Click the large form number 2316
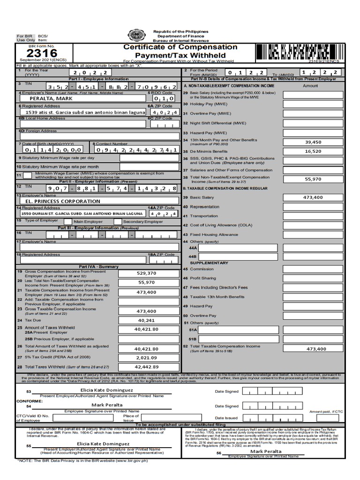pos(42,53)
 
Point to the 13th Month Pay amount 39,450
pos(313,142)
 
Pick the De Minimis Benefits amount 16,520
pos(313,151)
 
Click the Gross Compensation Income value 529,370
pos(146,273)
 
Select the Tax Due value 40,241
pos(146,320)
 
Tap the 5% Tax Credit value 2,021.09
pos(146,358)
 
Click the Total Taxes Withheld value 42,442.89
pos(146,367)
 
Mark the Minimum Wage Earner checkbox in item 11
pos(28,175)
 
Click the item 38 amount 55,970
pos(313,179)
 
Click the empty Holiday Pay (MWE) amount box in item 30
pos(313,104)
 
